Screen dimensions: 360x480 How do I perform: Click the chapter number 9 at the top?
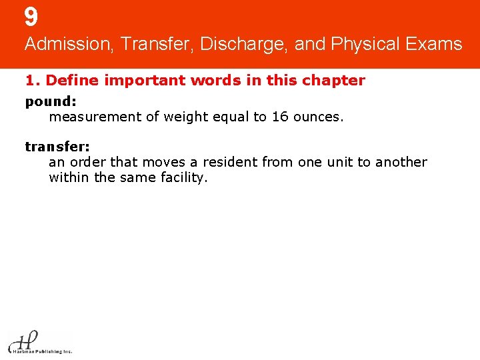[31, 17]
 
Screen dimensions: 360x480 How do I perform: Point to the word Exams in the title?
[436, 45]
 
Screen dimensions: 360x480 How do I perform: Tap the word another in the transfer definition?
[401, 162]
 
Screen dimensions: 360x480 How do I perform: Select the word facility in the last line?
[186, 178]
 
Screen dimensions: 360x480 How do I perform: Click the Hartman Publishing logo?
[39, 342]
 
